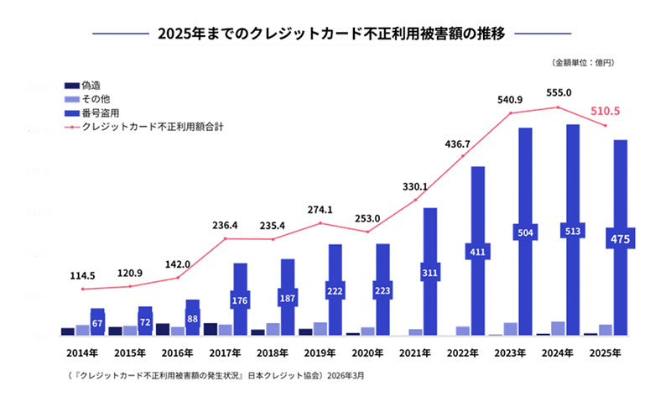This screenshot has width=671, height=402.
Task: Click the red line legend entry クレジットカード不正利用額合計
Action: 151,126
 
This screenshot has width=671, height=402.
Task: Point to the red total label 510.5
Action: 616,111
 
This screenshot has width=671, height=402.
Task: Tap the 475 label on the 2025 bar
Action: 622,240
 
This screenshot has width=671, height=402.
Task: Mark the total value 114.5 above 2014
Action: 82,275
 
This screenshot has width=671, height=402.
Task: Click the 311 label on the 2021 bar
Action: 429,273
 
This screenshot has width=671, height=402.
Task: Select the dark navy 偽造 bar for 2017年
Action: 211,329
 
